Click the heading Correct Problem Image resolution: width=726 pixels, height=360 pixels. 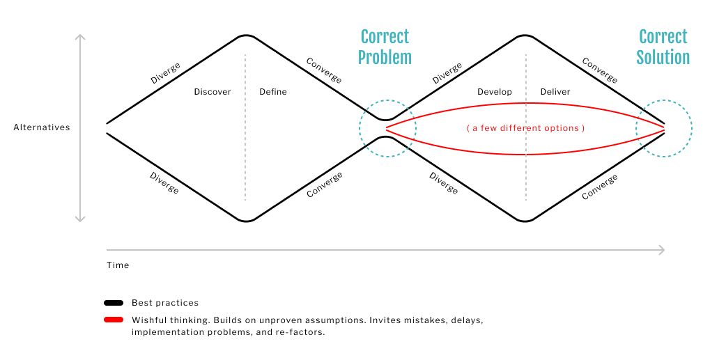pyautogui.click(x=385, y=47)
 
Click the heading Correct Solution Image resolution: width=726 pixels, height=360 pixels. pyautogui.click(x=663, y=47)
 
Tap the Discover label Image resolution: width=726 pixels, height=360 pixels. pyautogui.click(x=213, y=92)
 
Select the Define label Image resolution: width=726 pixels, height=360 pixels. pyautogui.click(x=273, y=92)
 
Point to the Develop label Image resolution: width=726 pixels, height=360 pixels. pyautogui.click(x=495, y=92)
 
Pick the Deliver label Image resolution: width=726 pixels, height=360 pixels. pyautogui.click(x=555, y=92)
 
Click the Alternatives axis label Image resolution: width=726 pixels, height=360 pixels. pyautogui.click(x=42, y=127)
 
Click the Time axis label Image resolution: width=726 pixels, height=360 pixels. pyautogui.click(x=118, y=265)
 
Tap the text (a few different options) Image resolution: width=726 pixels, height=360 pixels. pyautogui.click(x=525, y=128)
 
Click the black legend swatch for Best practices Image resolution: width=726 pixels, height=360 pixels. pyautogui.click(x=114, y=303)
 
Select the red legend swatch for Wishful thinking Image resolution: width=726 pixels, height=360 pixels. pyautogui.click(x=114, y=320)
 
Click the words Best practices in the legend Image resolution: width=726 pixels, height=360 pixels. pyautogui.click(x=165, y=303)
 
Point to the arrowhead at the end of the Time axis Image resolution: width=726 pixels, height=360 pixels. pyautogui.click(x=662, y=249)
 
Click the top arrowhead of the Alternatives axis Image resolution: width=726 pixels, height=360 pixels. pyautogui.click(x=80, y=37)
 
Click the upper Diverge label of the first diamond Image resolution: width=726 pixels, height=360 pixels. pyautogui.click(x=165, y=73)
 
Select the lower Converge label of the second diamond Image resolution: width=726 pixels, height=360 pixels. pyautogui.click(x=599, y=187)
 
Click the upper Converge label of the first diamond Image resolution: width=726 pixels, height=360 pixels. pyautogui.click(x=324, y=70)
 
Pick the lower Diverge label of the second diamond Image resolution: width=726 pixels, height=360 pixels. pyautogui.click(x=443, y=182)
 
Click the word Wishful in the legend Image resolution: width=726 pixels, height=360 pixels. pyautogui.click(x=147, y=320)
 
